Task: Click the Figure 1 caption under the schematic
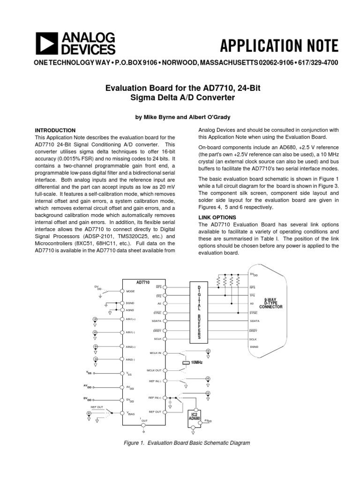[x=180, y=443]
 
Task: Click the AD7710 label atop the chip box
[x=143, y=282]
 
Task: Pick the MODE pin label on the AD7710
[x=130, y=291]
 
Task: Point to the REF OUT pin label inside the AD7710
[x=155, y=412]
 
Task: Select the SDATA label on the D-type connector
[x=255, y=321]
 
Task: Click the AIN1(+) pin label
[x=131, y=319]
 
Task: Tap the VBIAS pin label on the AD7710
[x=131, y=414]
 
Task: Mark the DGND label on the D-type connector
[x=254, y=347]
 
